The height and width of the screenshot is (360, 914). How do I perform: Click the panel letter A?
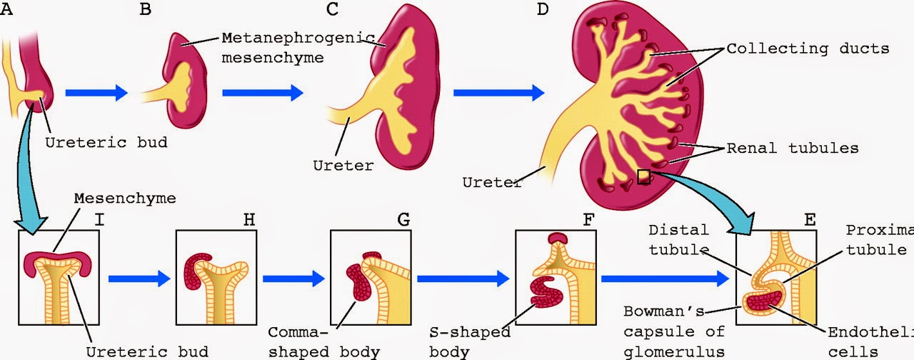[x=7, y=10]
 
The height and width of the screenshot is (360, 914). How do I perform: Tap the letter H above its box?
[x=248, y=221]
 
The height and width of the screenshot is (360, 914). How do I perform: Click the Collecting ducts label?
[x=808, y=49]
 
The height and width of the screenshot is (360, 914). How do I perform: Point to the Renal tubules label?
[x=792, y=149]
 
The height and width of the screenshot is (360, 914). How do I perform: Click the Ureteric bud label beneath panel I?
[x=146, y=351]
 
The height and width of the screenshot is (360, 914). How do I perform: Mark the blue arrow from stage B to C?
[x=263, y=92]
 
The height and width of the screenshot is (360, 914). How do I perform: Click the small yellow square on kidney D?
[x=643, y=176]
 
